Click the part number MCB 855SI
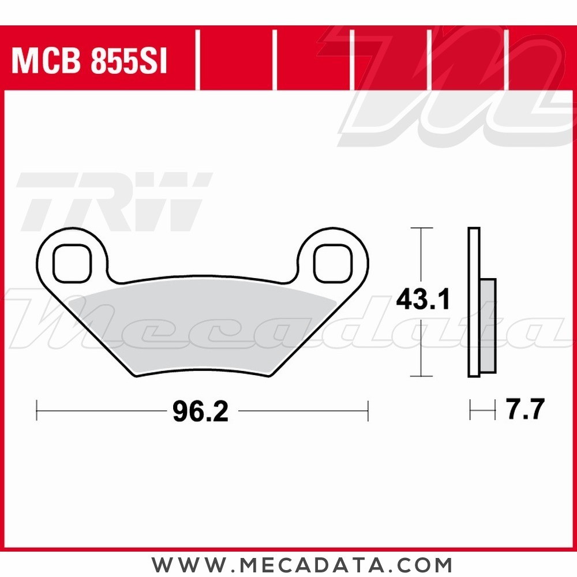(89, 61)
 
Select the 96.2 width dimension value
(201, 411)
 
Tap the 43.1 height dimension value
(423, 299)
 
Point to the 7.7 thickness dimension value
(525, 409)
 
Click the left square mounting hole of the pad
(72, 263)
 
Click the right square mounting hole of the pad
(333, 263)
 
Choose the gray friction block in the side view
(488, 325)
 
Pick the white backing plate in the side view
(474, 302)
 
